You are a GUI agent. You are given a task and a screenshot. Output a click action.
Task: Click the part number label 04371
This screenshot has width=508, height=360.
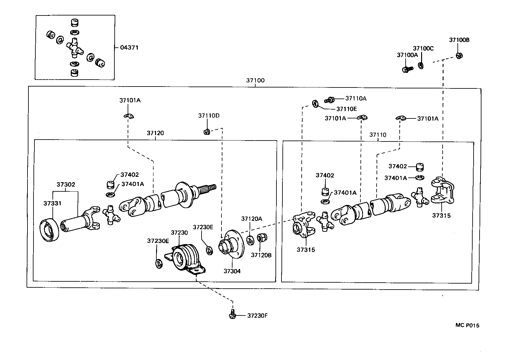coord(129,48)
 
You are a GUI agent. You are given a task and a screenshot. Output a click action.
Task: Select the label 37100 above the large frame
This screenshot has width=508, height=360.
coord(255,81)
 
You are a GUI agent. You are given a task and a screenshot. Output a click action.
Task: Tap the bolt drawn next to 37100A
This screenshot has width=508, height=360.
coord(407,69)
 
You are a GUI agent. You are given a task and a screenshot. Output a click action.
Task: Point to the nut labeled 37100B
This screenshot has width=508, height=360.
coord(459,56)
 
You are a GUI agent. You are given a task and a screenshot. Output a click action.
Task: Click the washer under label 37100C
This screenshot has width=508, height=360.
coord(421,66)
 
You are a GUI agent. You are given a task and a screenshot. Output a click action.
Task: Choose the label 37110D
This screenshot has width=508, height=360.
coord(209,116)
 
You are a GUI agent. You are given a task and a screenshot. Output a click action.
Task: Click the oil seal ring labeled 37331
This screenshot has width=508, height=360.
coord(50,232)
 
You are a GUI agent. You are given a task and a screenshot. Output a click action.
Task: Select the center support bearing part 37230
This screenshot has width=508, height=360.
coord(185,256)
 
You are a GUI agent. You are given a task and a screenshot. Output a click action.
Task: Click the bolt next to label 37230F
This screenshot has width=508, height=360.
coord(233,315)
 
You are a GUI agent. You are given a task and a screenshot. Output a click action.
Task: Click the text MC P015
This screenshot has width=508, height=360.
coord(467,325)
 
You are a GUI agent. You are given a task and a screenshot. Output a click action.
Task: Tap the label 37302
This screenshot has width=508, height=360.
coord(66,184)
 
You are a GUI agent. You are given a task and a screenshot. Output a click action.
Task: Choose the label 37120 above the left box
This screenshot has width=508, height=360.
coord(155,133)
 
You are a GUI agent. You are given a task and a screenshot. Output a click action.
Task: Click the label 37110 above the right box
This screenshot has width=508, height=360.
coord(378,135)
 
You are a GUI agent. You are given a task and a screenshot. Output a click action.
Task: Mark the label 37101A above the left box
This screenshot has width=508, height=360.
coord(130,100)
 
